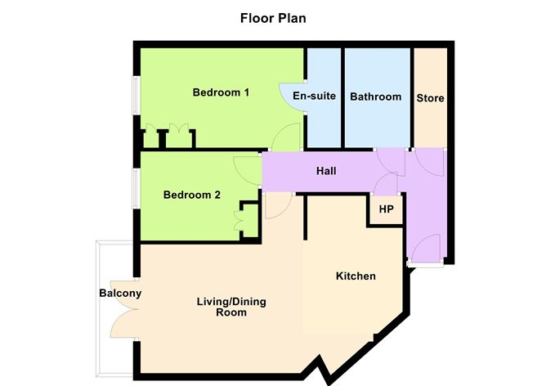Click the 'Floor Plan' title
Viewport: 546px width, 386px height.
[x=272, y=17]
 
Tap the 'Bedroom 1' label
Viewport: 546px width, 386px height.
[x=221, y=92]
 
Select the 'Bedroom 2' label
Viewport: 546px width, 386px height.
[x=192, y=195]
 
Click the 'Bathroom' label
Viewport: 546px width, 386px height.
[x=376, y=97]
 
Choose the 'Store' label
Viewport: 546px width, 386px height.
[x=430, y=98]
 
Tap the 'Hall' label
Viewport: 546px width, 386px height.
[x=328, y=172]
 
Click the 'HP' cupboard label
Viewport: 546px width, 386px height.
[x=386, y=209]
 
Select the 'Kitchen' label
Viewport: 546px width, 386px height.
[x=356, y=276]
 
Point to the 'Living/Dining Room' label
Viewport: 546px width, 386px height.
[x=231, y=307]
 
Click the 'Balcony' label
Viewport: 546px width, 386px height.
[x=120, y=294]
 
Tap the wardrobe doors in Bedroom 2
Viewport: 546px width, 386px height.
[x=243, y=218]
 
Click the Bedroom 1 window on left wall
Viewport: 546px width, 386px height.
[x=136, y=103]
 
